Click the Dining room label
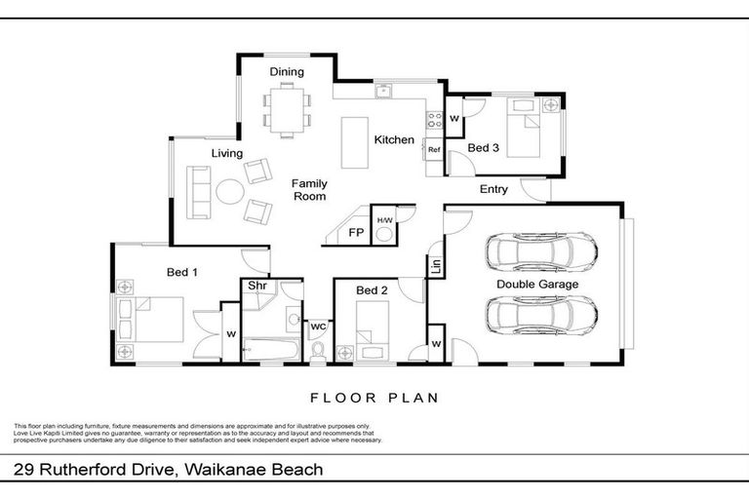[287, 71]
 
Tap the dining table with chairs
[288, 109]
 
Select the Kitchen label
[395, 140]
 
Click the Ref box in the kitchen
[434, 150]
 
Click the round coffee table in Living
[230, 191]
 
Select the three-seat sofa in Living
[200, 191]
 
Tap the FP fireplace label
[356, 234]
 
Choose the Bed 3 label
[484, 148]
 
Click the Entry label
[493, 189]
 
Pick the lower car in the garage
[541, 315]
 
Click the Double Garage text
[537, 285]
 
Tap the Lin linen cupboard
[435, 264]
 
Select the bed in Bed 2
[370, 331]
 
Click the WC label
[318, 326]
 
